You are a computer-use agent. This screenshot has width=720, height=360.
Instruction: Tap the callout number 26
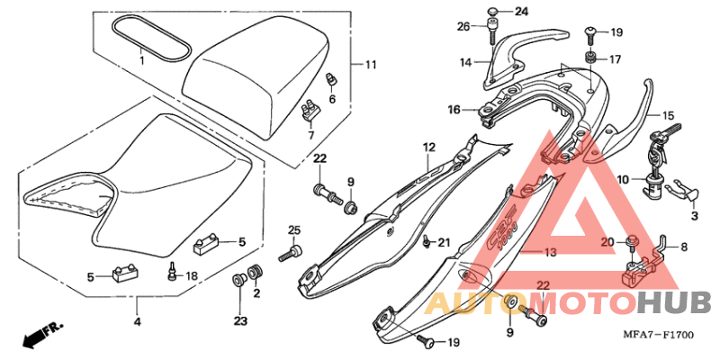[x=463, y=26]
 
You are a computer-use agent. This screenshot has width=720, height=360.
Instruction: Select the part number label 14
[x=465, y=63]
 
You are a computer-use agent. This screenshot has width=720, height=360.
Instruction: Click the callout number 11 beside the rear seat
[x=370, y=65]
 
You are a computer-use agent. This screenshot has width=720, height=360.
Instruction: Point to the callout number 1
[x=141, y=59]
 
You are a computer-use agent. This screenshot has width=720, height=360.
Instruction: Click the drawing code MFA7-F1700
[x=661, y=335]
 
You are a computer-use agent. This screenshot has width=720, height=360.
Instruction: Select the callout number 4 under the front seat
[x=137, y=321]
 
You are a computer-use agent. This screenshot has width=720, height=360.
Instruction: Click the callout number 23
[x=240, y=320]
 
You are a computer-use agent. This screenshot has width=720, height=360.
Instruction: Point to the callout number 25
[x=293, y=231]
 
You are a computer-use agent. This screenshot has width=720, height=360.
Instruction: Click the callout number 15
[x=668, y=116]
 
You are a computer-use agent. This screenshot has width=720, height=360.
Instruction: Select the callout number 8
[x=683, y=246]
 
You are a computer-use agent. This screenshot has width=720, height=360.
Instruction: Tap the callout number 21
[x=444, y=243]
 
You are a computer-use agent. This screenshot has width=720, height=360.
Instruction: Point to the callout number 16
[x=455, y=110]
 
